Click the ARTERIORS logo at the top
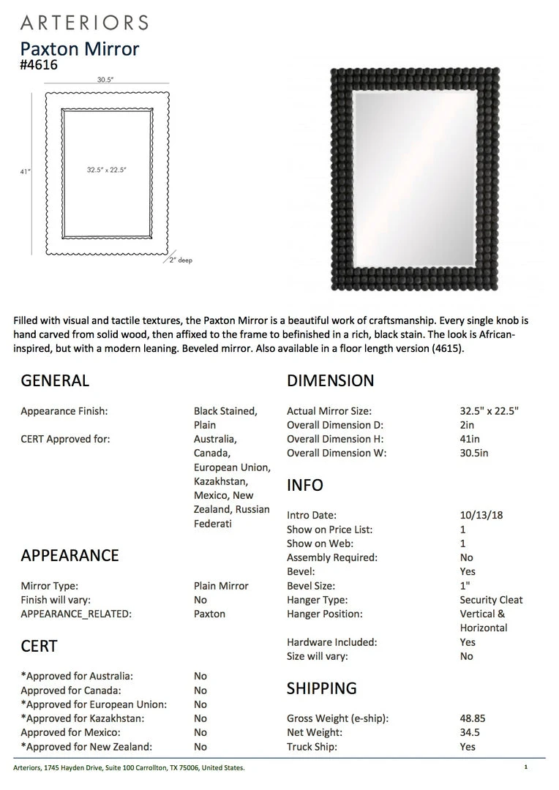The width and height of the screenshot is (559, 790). point(84,23)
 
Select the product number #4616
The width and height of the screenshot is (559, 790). point(39,65)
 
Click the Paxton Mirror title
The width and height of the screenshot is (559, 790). point(79,49)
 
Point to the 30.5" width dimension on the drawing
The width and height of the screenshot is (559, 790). point(105,80)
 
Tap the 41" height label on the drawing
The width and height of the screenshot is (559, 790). point(26,171)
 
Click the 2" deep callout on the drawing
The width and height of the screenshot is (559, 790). point(181,260)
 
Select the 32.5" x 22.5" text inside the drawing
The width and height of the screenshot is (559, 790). point(107,170)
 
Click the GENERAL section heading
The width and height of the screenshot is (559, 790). point(55,380)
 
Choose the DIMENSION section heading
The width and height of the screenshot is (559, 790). point(330,380)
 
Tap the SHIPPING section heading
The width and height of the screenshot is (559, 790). point(321,688)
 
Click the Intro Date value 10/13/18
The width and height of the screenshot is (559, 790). point(481,515)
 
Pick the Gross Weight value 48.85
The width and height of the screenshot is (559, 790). point(473,718)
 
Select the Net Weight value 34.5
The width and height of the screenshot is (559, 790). point(470,732)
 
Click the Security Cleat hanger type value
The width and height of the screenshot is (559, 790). point(491,600)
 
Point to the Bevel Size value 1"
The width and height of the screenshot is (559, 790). point(465,586)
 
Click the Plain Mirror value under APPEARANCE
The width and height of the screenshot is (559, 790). point(221,586)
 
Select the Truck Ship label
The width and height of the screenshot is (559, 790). point(312,747)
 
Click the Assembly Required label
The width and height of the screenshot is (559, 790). point(331,557)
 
